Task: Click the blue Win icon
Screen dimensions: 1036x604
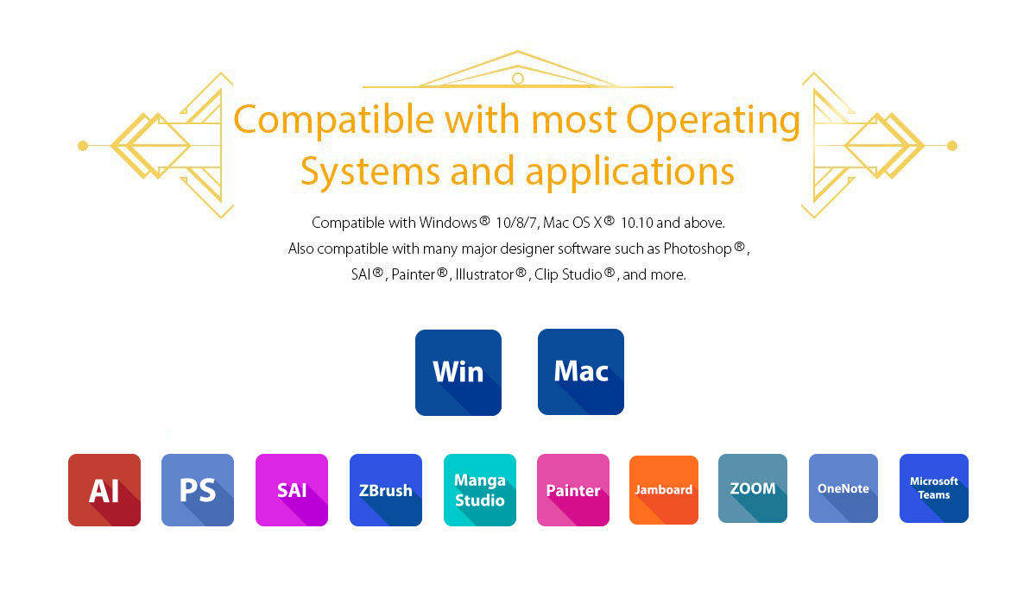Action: (x=458, y=373)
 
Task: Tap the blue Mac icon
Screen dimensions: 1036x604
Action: (x=581, y=372)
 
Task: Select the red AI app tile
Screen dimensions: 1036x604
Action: (x=104, y=490)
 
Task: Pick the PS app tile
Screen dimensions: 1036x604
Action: (x=198, y=490)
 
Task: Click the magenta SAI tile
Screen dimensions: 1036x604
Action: (x=292, y=490)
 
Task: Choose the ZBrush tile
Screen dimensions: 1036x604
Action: (x=386, y=490)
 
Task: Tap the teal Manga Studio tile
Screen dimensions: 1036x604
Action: (x=480, y=490)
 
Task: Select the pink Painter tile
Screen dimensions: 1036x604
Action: (x=573, y=490)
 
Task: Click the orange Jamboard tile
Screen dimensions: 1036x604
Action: (x=664, y=490)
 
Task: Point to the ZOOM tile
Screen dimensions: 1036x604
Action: (x=753, y=488)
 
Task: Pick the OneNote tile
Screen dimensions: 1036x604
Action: (x=843, y=488)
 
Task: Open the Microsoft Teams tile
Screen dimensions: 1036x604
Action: (x=934, y=488)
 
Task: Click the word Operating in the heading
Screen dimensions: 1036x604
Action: (x=713, y=121)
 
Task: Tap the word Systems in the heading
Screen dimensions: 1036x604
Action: (x=370, y=171)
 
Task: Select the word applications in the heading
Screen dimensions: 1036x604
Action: (x=630, y=172)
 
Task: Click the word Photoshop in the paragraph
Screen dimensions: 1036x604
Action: (x=698, y=249)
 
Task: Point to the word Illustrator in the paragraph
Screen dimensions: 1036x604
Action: (x=484, y=274)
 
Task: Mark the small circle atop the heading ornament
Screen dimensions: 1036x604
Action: (x=518, y=79)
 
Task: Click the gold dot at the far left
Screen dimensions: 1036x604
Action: (x=83, y=146)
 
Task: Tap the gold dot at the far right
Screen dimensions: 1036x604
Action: (x=951, y=146)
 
